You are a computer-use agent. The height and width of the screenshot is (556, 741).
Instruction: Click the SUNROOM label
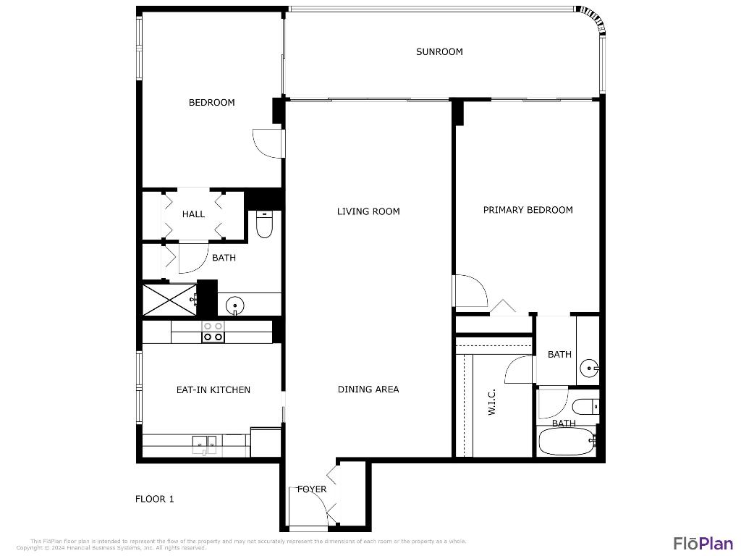pyautogui.click(x=439, y=51)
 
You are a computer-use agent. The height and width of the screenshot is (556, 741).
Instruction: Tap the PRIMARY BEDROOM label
pyautogui.click(x=528, y=210)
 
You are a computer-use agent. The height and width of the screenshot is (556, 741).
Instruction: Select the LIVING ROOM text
pyautogui.click(x=368, y=211)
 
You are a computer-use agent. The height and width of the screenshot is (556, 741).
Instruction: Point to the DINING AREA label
pyautogui.click(x=368, y=389)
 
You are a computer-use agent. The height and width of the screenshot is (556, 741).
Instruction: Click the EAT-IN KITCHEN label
pyautogui.click(x=213, y=389)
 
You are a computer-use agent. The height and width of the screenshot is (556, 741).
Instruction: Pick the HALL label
pyautogui.click(x=193, y=214)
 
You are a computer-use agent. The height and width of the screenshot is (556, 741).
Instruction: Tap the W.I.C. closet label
pyautogui.click(x=492, y=403)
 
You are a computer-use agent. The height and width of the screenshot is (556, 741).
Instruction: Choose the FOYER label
pyautogui.click(x=311, y=489)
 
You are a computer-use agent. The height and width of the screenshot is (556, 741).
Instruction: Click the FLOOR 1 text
pyautogui.click(x=155, y=499)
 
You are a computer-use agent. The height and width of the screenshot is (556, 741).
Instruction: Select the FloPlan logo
pyautogui.click(x=703, y=543)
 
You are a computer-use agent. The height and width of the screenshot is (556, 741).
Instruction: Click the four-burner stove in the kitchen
pyautogui.click(x=213, y=332)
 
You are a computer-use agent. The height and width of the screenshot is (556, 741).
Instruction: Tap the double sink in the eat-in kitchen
pyautogui.click(x=205, y=443)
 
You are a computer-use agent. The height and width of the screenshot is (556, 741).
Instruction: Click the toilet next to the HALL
pyautogui.click(x=264, y=224)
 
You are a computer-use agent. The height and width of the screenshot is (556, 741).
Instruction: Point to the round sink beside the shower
pyautogui.click(x=234, y=306)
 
